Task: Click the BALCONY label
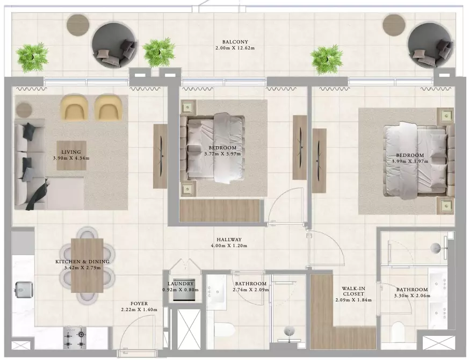[235, 42]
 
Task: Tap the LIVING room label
[71, 152]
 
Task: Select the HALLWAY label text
[229, 240]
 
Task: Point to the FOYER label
[139, 304]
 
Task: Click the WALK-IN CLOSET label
[353, 291]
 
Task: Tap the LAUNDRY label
[181, 284]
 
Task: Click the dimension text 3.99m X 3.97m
[410, 161]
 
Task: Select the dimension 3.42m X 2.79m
[83, 268]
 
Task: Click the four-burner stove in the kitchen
[75, 338]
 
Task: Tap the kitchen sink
[24, 290]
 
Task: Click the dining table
[88, 265]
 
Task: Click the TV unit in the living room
[160, 156]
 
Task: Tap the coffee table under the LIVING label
[71, 156]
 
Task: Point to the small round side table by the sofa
[24, 110]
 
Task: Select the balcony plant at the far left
[32, 57]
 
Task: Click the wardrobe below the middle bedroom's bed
[220, 211]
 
